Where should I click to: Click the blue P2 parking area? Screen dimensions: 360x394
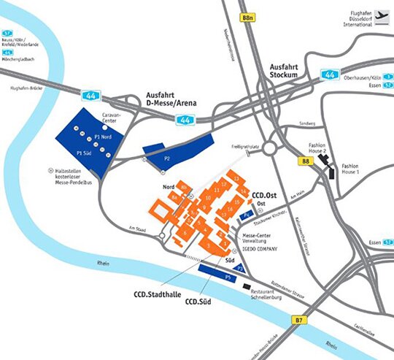point(177,149)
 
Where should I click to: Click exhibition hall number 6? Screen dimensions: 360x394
point(187,233)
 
